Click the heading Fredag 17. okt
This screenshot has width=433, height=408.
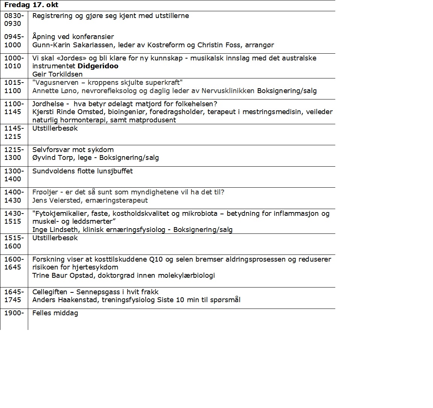click(x=31, y=5)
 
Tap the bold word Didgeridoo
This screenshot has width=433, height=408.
click(x=98, y=66)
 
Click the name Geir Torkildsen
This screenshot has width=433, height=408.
click(x=57, y=74)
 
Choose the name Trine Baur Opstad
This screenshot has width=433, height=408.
click(x=62, y=276)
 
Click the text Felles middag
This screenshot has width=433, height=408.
click(x=55, y=313)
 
